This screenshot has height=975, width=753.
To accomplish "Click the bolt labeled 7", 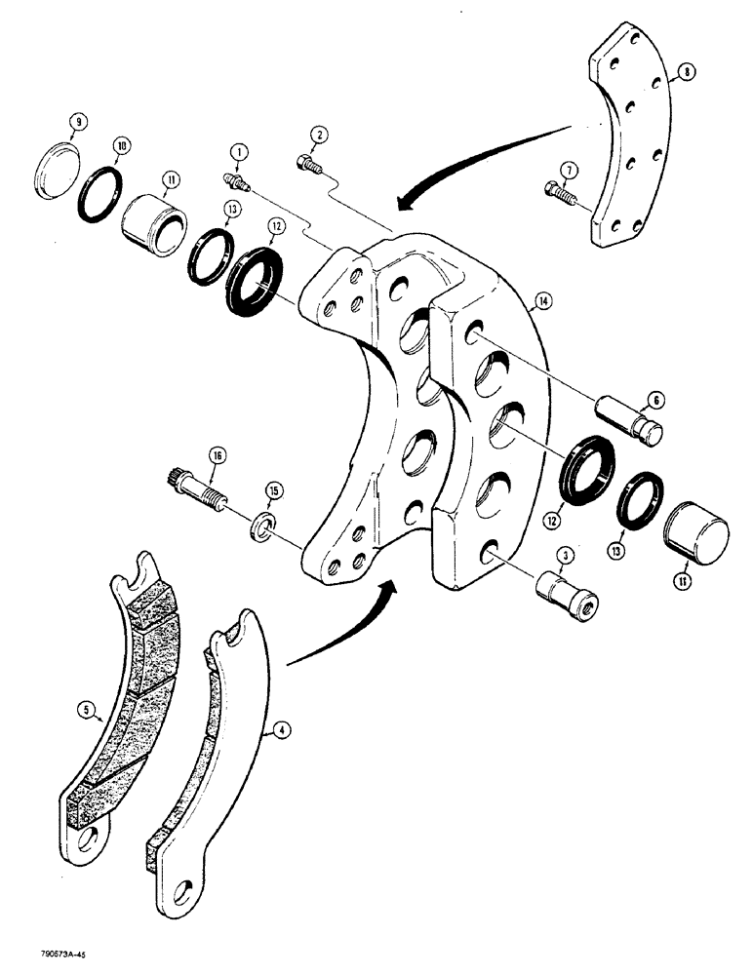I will pyautogui.click(x=558, y=194).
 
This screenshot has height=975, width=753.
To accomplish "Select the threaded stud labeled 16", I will pyautogui.click(x=199, y=487).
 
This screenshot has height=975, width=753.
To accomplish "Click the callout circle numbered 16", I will pyautogui.click(x=216, y=453).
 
